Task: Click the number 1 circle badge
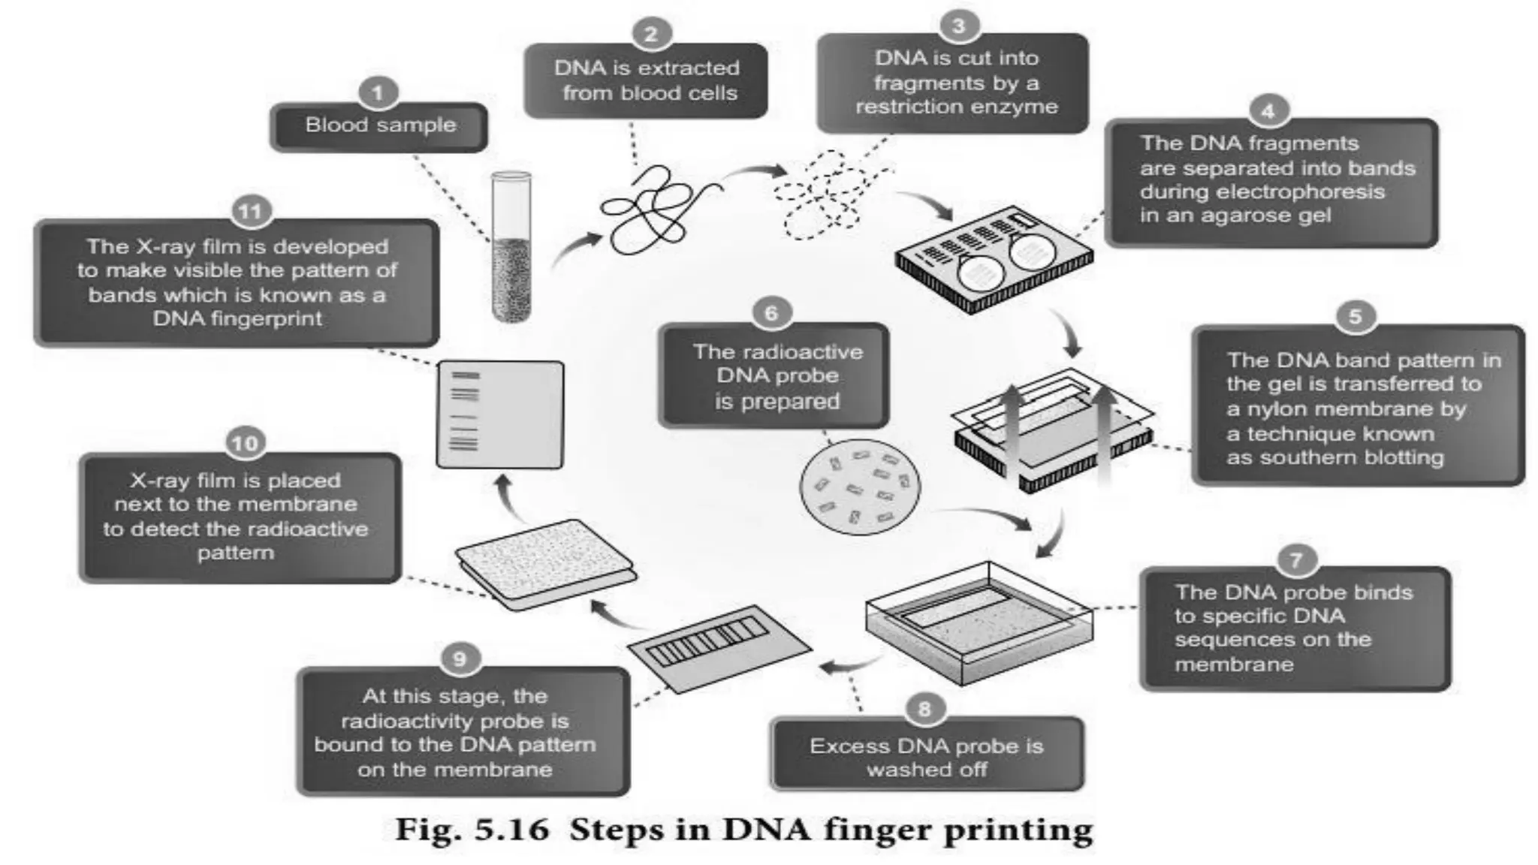(377, 93)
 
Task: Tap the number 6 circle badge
(771, 312)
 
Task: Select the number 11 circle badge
(250, 211)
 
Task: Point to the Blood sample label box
(379, 126)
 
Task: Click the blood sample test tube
(511, 247)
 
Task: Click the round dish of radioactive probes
(859, 487)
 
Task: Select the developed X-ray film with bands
(499, 414)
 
